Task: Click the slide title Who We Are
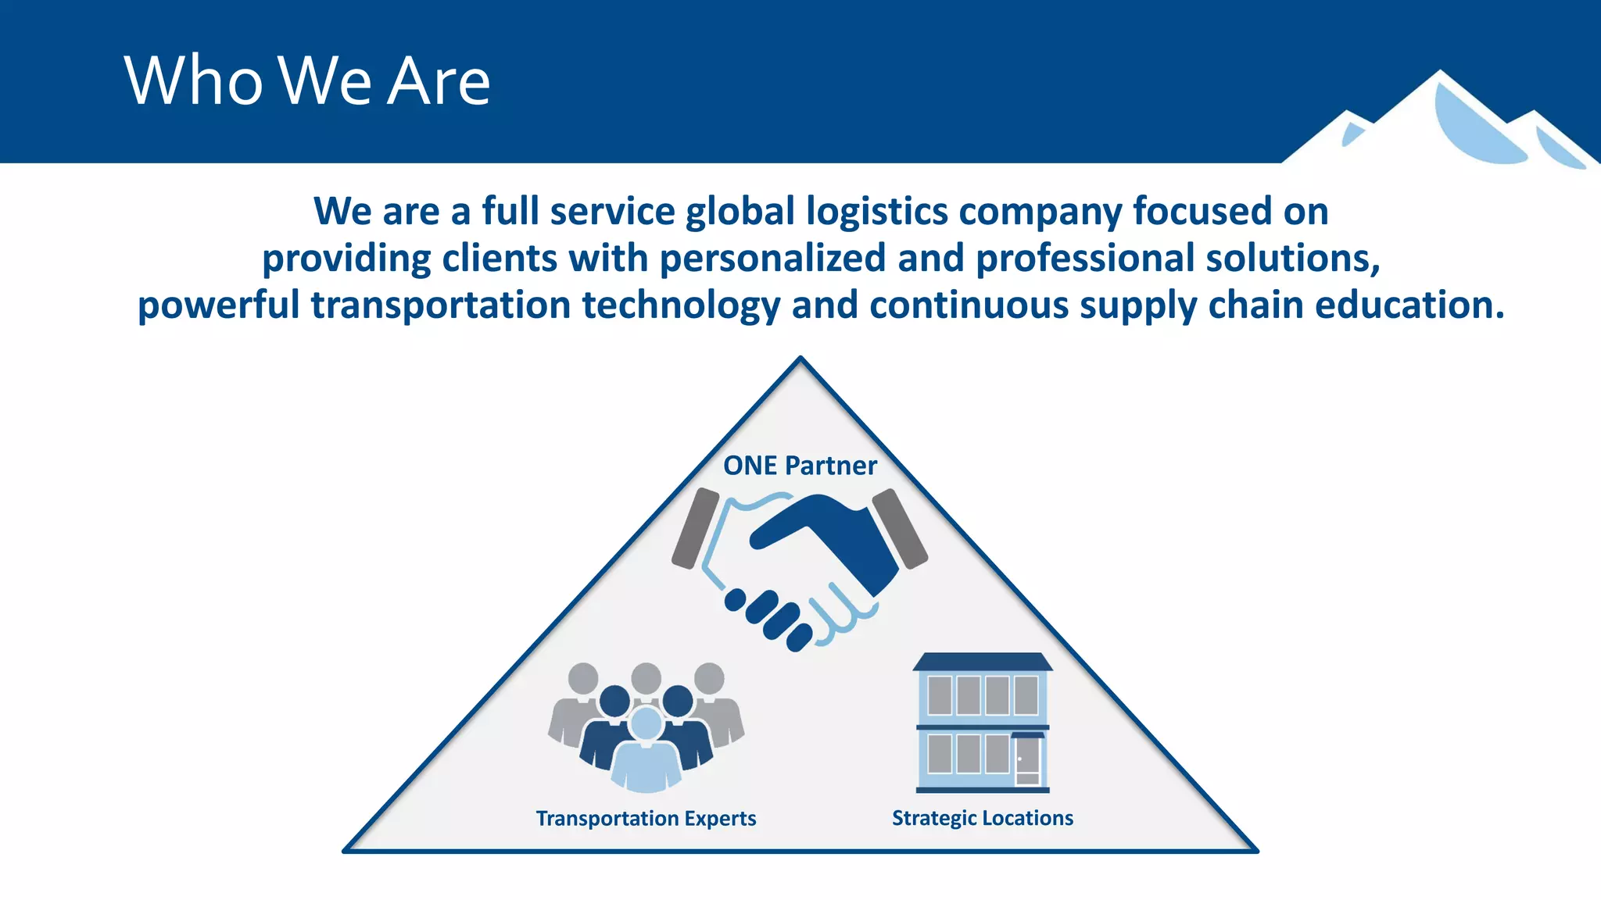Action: point(306,80)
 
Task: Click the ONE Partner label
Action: point(800,466)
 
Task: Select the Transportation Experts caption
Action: point(646,818)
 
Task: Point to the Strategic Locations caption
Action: point(982,818)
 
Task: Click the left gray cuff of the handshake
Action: point(695,529)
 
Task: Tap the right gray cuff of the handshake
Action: point(900,529)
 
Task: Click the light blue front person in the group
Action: point(646,754)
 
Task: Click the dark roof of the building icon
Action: point(982,662)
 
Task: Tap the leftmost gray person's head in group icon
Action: point(583,678)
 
